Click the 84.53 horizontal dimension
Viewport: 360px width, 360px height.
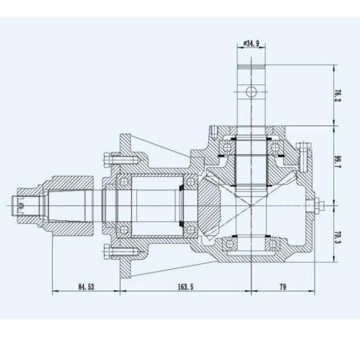tap(87, 286)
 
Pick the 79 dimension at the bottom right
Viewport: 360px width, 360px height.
tap(282, 286)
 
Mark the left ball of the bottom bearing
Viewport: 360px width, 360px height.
tap(229, 243)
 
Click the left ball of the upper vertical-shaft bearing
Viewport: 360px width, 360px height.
tap(229, 145)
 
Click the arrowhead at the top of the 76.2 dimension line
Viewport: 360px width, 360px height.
tap(332, 65)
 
